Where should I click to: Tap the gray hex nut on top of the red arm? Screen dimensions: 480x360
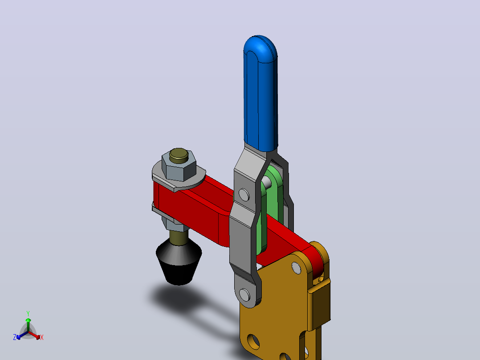click(x=179, y=168)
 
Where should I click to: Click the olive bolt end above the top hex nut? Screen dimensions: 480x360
click(x=179, y=155)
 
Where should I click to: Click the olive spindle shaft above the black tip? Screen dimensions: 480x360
click(x=179, y=237)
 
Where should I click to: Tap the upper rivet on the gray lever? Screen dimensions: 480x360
click(x=244, y=195)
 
